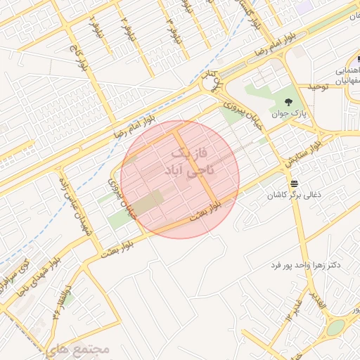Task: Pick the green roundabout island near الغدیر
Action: click(335, 328)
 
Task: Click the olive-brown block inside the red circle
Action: click(148, 205)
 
